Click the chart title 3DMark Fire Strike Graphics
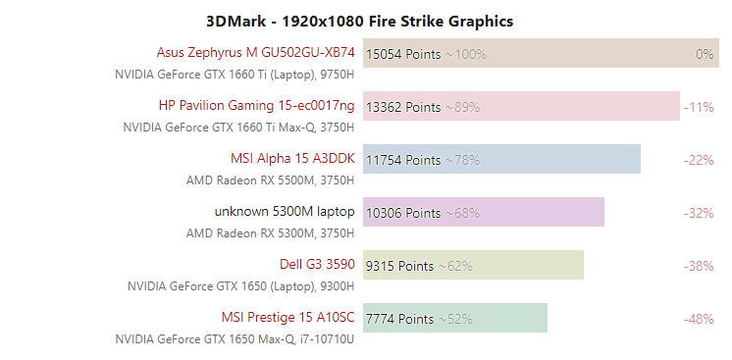360,21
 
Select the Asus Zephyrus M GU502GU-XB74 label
255,53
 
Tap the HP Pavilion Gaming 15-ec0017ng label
256,106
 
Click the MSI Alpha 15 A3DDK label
292,159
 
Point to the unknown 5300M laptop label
285,212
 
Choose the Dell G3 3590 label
317,265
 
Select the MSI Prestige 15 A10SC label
288,318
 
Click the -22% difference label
699,160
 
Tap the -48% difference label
699,319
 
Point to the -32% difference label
699,213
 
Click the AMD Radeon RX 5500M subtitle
270,180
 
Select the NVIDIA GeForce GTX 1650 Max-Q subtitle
235,339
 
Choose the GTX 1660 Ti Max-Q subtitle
238,128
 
